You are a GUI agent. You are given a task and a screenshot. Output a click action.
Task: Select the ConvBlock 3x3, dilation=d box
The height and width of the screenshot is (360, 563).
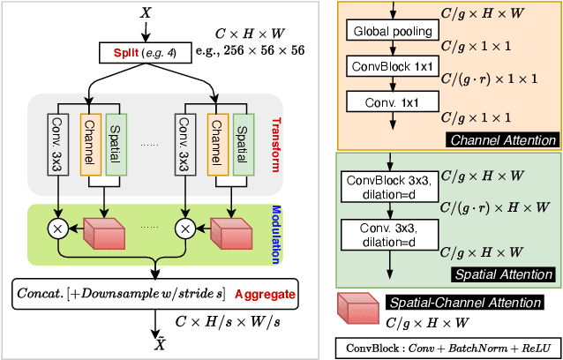(389, 189)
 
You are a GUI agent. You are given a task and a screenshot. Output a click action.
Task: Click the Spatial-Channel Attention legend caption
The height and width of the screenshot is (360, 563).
(476, 302)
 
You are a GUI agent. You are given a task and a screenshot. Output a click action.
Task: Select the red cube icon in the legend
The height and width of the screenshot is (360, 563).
(358, 310)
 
